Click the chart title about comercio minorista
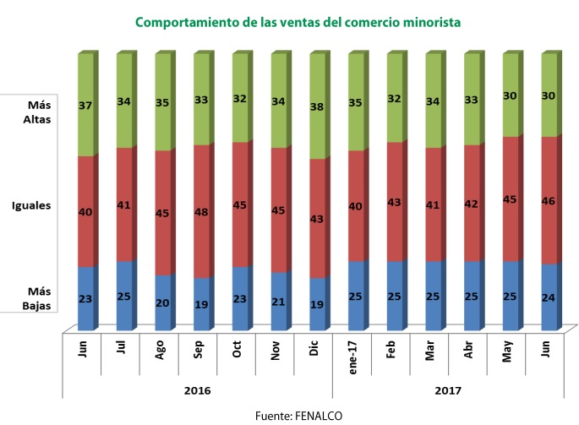coord(298,23)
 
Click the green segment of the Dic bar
coord(317,106)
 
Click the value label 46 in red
coord(549,201)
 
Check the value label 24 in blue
coord(549,297)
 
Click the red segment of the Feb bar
coord(394,203)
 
